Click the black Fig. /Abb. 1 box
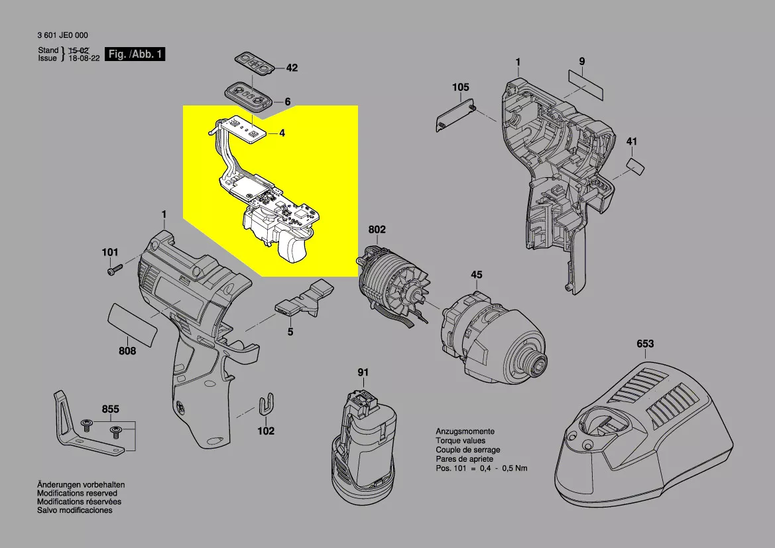pos(135,54)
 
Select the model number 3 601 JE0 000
pos(63,37)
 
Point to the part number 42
pos(292,68)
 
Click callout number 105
pos(460,88)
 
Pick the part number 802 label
pos(377,230)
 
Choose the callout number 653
pos(644,344)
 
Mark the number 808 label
pos(127,351)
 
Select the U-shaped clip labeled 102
pos(267,403)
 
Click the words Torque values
pos(460,441)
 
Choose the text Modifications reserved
pos(77,494)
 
